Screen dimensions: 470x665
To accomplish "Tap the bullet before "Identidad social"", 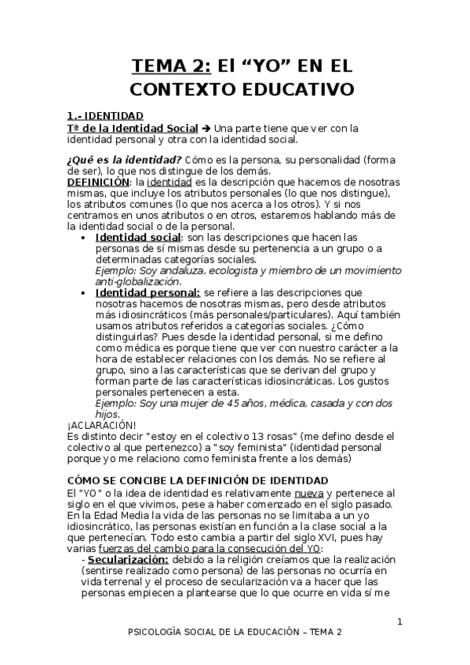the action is click(86, 237).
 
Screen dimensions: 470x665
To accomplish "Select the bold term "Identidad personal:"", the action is click(147, 293).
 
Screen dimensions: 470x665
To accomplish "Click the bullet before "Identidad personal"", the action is click(86, 293).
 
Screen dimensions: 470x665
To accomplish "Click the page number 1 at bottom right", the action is click(399, 623).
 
